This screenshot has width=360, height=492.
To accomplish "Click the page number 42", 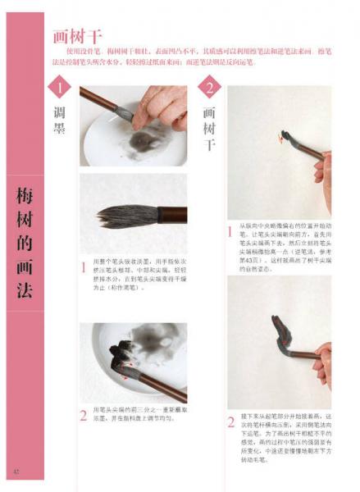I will click(x=15, y=470).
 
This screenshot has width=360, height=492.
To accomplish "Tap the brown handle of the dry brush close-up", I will click(x=168, y=215).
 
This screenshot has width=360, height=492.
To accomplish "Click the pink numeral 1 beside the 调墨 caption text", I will click(x=83, y=267).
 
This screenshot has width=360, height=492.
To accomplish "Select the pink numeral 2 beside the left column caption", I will click(x=83, y=415).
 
